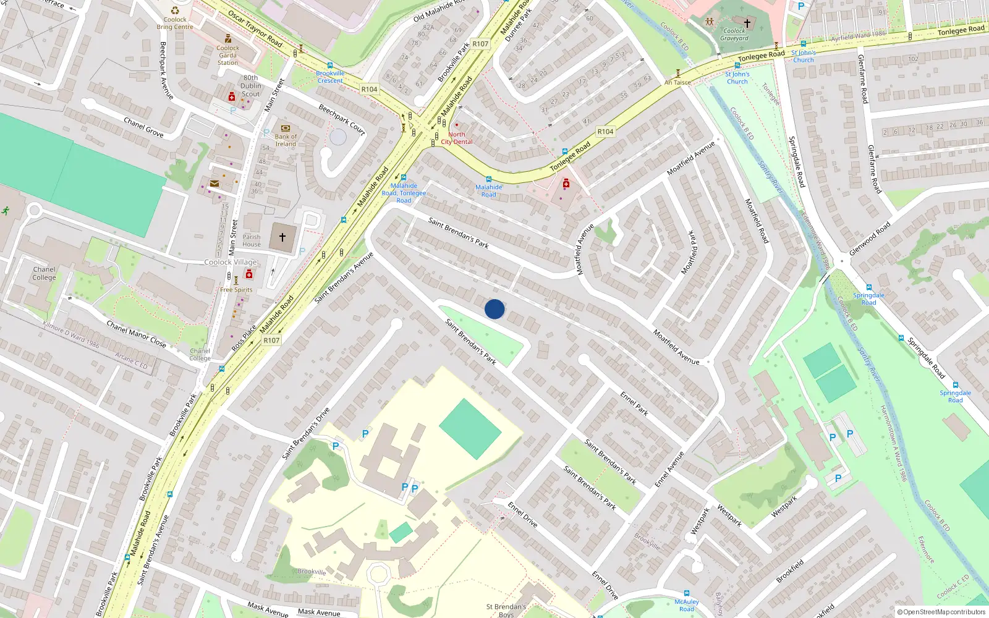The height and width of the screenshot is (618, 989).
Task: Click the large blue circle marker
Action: (x=494, y=309)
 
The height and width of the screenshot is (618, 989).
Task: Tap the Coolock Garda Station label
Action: (x=227, y=55)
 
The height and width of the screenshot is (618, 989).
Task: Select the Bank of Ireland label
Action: (x=286, y=140)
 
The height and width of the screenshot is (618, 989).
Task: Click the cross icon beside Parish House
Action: (x=282, y=237)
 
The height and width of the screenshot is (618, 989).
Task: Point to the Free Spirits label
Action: (x=236, y=289)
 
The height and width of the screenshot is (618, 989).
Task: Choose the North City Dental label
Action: (x=457, y=138)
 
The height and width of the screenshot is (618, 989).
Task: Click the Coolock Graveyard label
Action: (x=734, y=35)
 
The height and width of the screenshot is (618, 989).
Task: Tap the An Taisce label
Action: (x=677, y=82)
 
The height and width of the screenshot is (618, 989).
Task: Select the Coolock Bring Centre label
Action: (x=175, y=23)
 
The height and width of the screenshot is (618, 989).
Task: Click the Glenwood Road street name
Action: (x=870, y=239)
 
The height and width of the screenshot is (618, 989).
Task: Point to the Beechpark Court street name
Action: (x=342, y=119)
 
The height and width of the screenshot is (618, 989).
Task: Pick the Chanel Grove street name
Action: (x=143, y=126)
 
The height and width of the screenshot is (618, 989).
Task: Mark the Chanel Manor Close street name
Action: (x=136, y=334)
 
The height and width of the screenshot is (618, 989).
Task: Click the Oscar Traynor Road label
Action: (x=255, y=28)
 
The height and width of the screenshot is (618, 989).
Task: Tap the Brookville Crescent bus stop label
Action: (x=330, y=77)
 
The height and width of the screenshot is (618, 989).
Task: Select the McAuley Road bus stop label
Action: (x=687, y=605)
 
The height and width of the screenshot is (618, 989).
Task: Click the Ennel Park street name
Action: (x=634, y=403)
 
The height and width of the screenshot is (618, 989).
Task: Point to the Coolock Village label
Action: (x=231, y=262)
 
